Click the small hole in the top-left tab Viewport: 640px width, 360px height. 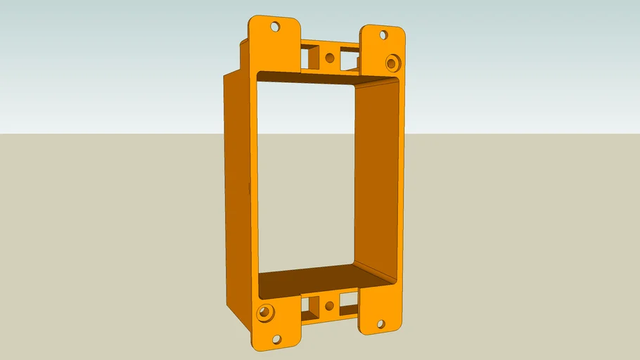(275, 27)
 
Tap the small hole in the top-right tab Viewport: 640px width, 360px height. (383, 34)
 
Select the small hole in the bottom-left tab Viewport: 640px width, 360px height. (276, 339)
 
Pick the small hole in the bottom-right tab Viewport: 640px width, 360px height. (380, 324)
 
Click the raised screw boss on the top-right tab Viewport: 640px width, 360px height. (392, 61)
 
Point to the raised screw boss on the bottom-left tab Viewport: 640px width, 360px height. (265, 312)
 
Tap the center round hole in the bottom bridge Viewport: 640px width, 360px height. (328, 306)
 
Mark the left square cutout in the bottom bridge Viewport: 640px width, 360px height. (309, 306)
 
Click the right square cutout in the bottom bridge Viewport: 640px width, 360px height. (348, 305)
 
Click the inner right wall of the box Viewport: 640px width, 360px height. (377, 176)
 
